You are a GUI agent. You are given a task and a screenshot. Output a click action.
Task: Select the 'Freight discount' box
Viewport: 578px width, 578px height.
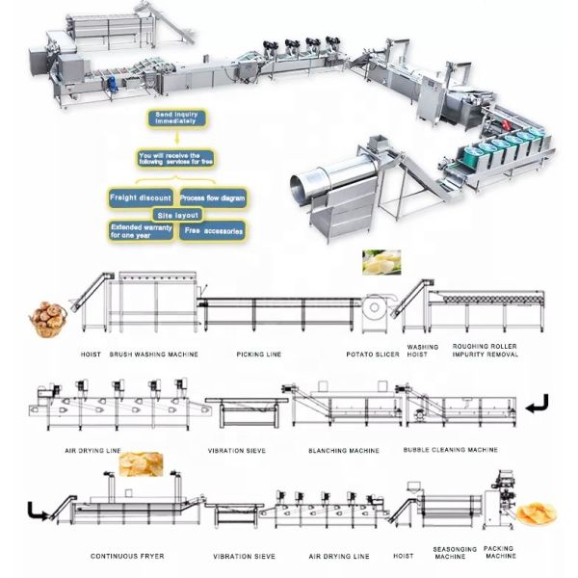(141, 197)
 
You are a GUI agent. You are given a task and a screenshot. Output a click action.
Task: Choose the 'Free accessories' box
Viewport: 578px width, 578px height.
(215, 231)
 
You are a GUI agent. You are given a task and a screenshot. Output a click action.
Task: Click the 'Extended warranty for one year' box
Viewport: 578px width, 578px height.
(140, 230)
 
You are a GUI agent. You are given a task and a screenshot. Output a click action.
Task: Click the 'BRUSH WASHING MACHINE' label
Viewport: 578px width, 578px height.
(154, 355)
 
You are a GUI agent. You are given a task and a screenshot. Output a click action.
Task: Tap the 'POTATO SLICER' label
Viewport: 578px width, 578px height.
(371, 355)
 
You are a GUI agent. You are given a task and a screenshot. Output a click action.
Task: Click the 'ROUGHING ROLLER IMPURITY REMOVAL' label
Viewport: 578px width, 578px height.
(486, 351)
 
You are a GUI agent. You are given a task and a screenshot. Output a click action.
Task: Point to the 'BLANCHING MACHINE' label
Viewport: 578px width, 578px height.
(344, 450)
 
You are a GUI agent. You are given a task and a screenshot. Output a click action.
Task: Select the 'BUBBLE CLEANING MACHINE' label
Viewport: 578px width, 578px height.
(451, 450)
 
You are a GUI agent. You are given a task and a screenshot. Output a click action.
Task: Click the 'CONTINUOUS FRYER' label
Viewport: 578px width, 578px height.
(128, 556)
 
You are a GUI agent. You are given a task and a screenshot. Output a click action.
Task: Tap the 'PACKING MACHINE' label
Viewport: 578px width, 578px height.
(500, 556)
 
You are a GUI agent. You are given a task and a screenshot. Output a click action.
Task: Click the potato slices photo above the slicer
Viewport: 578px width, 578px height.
(381, 263)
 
